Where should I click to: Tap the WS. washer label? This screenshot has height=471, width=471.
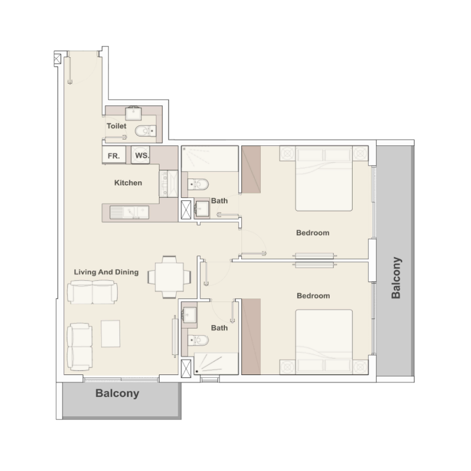pyautogui.click(x=141, y=155)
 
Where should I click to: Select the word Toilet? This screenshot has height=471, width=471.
pyautogui.click(x=117, y=126)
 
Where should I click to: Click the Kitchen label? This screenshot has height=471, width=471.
pyautogui.click(x=128, y=183)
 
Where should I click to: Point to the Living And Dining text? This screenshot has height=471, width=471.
pyautogui.click(x=106, y=272)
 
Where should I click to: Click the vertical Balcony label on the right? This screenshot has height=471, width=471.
pyautogui.click(x=396, y=277)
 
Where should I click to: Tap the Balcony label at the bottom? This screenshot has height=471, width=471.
pyautogui.click(x=118, y=393)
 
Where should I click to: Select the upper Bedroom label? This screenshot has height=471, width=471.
pyautogui.click(x=313, y=233)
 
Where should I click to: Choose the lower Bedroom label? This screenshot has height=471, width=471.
pyautogui.click(x=313, y=296)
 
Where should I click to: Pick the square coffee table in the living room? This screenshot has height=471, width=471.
pyautogui.click(x=111, y=333)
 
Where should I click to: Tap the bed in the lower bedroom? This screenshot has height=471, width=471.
pyautogui.click(x=323, y=342)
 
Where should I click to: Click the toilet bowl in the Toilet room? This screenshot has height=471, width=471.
pyautogui.click(x=143, y=131)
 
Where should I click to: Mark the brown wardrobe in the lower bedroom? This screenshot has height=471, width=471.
pyautogui.click(x=251, y=336)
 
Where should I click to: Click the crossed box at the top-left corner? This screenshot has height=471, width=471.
pyautogui.click(x=58, y=58)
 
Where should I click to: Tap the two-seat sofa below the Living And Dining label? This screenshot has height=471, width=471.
pyautogui.click(x=92, y=291)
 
